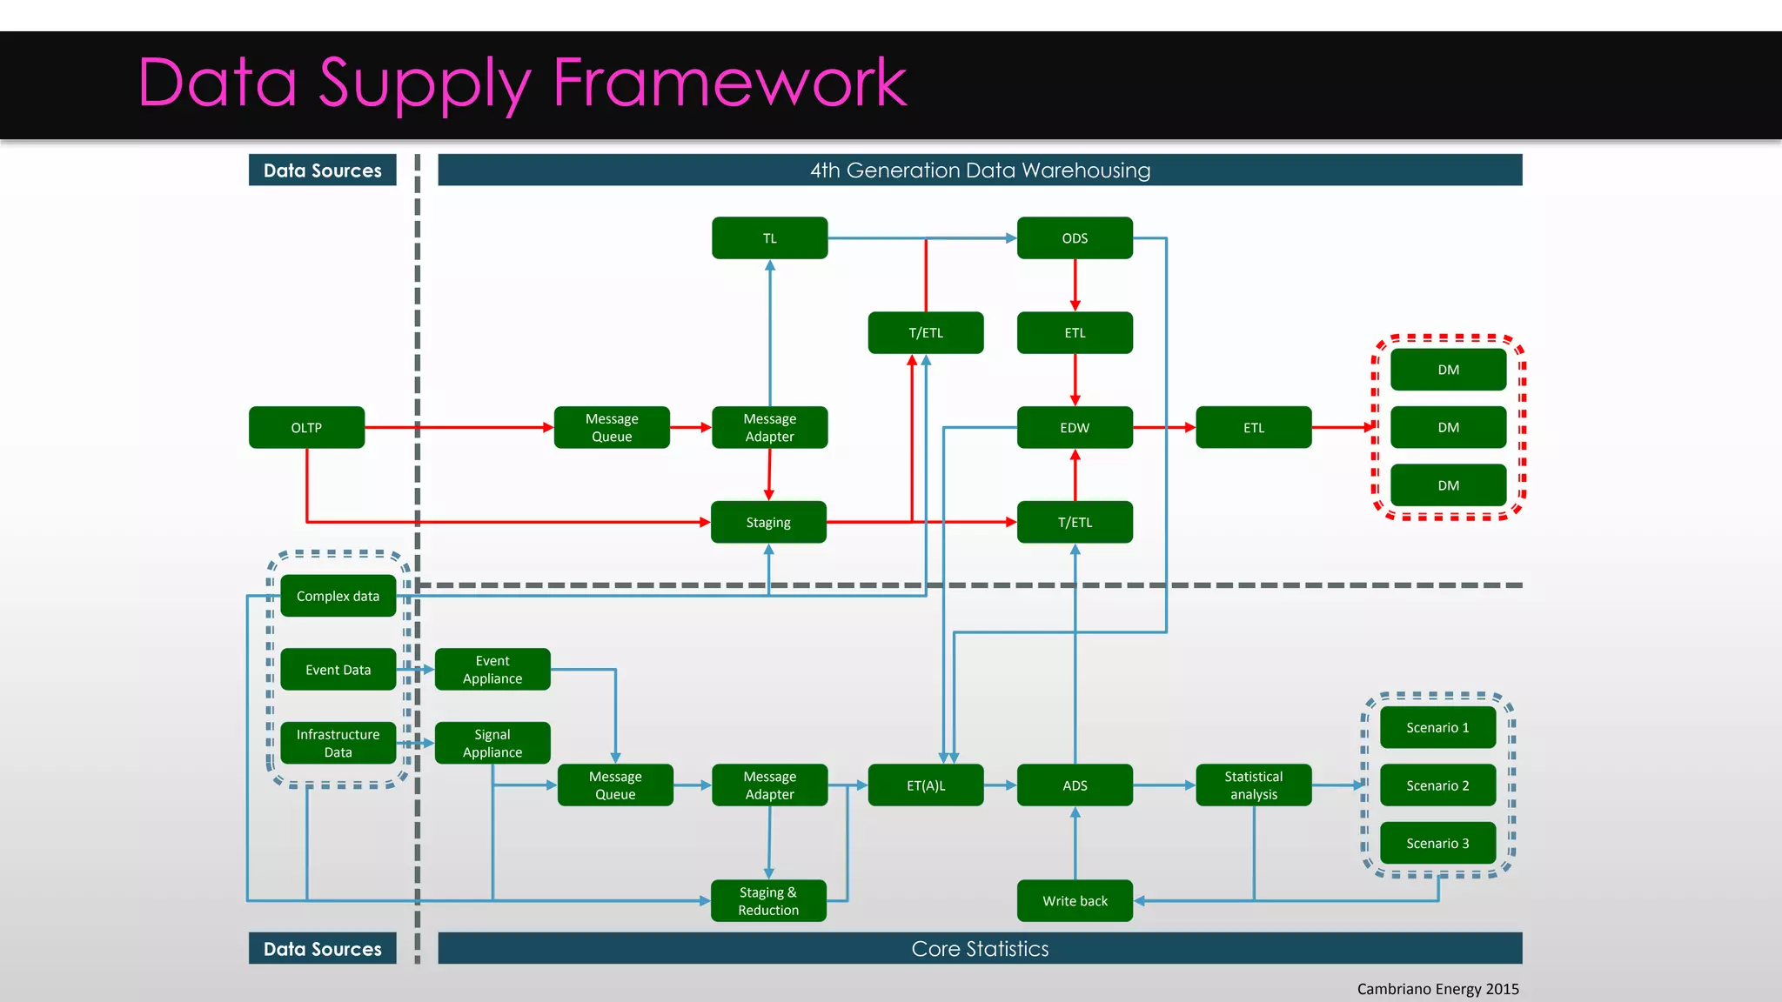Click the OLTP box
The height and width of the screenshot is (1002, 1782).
306,427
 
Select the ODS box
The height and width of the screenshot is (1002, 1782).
1075,237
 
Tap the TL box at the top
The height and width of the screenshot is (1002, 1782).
769,237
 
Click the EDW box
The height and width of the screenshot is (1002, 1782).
1075,427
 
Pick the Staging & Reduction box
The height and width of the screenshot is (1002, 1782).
768,900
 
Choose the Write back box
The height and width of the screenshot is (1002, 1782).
1075,900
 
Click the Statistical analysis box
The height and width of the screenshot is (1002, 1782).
1253,785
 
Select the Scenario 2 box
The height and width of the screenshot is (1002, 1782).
1437,785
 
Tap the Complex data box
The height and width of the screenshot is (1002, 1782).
338,596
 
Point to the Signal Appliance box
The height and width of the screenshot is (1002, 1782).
492,743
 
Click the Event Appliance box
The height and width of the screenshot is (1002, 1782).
492,669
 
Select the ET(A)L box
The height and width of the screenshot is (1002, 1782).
926,785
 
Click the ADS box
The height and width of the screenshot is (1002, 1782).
1075,785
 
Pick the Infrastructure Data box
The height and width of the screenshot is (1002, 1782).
338,743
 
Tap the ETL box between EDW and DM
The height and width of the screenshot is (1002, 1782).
1253,427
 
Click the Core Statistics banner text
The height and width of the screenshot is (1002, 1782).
980,948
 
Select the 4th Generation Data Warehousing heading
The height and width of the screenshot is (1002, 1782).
980,170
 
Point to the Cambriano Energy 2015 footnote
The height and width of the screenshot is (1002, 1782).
1437,988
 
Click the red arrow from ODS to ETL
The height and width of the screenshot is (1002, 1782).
1075,285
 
